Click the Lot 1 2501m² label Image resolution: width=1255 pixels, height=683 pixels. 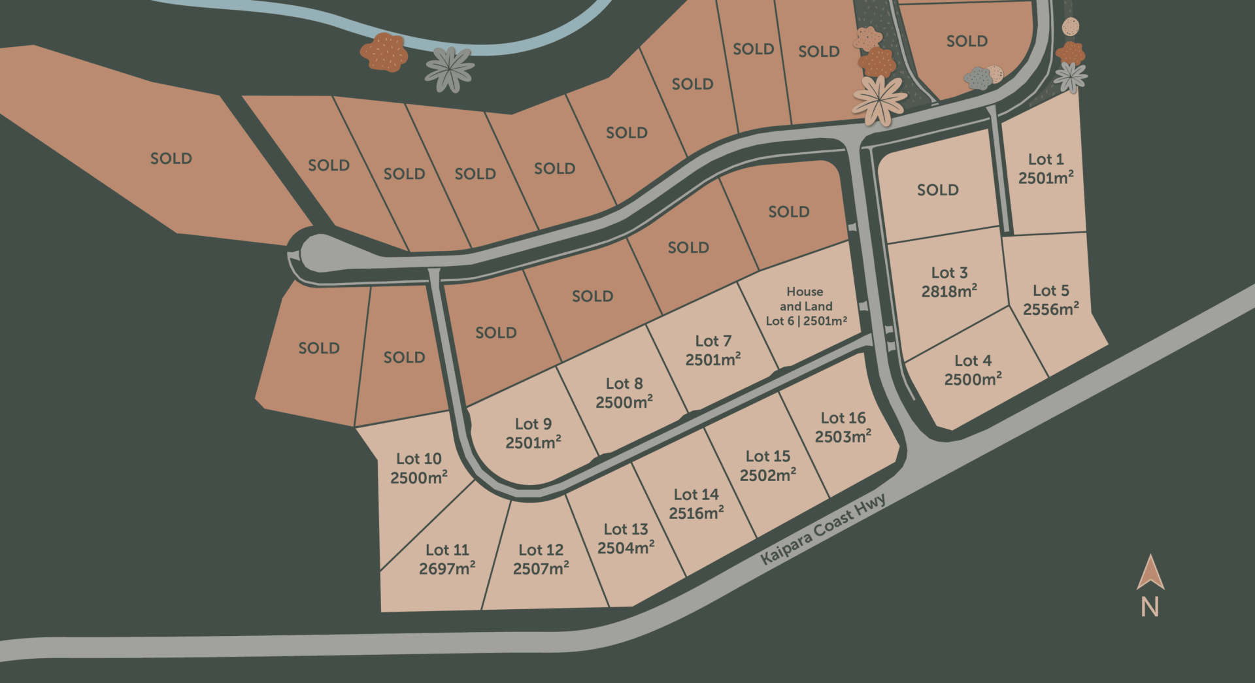coord(1045,169)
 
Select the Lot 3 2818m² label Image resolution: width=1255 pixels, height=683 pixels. coord(949,282)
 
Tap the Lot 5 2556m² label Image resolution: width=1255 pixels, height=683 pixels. coord(1050,300)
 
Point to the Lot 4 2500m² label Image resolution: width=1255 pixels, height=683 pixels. coord(973,370)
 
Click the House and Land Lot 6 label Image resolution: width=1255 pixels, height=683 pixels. coord(806,306)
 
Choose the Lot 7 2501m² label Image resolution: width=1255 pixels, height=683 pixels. coord(712,350)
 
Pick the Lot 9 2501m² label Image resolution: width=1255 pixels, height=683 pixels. coord(533,433)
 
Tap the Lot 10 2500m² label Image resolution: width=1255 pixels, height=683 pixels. coord(418,468)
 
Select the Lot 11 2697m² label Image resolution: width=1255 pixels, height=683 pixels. coord(447,559)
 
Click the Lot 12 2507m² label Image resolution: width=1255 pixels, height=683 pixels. coord(541,559)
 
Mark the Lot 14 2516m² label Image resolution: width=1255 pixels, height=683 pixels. coord(696,504)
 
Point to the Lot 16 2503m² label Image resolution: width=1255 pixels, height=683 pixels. coord(843,427)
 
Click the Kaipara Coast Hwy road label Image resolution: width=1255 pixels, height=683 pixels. coord(824,529)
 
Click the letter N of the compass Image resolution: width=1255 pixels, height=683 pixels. coord(1150,608)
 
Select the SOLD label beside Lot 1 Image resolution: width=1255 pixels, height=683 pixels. coord(937,190)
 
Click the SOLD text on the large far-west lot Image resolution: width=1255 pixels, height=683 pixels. coord(171,158)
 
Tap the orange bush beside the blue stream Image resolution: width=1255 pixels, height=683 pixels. coord(384,52)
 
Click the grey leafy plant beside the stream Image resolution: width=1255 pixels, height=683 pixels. coord(450,69)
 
